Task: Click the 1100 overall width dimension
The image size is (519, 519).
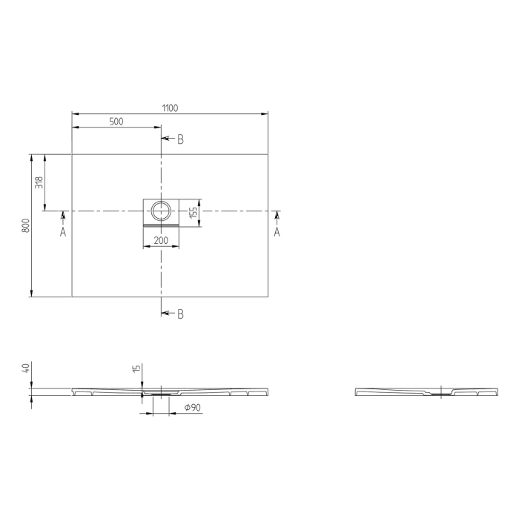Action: (170, 108)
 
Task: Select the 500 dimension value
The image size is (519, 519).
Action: (116, 122)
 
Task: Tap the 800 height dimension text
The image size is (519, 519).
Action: (25, 226)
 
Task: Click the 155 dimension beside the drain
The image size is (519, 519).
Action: (193, 212)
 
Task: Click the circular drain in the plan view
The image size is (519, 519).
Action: (160, 211)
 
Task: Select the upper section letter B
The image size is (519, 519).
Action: (180, 139)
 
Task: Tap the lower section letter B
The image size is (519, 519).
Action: (180, 314)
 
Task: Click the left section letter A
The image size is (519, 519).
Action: (63, 232)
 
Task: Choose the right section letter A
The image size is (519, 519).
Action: (277, 232)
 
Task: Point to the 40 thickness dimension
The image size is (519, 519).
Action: (26, 368)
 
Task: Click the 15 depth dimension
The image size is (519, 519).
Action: (136, 368)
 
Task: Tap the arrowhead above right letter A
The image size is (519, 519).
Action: (277, 216)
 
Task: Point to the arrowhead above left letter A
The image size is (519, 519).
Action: (63, 216)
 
